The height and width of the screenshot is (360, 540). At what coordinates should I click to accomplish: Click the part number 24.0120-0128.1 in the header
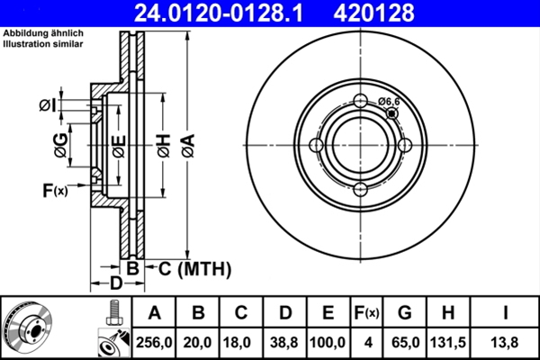point(232,13)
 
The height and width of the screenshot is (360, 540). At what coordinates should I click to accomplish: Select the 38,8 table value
point(285,343)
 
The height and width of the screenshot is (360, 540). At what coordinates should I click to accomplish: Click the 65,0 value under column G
point(405,343)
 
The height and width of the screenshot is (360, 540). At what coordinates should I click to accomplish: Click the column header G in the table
point(405,313)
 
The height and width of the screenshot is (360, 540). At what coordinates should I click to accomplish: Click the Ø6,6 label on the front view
point(389,102)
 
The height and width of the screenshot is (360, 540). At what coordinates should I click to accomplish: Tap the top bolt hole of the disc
point(360,101)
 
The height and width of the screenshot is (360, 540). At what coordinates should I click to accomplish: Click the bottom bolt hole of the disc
point(360,188)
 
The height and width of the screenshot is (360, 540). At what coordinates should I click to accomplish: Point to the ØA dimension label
point(186,144)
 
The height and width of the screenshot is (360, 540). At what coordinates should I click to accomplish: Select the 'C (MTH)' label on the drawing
point(193,268)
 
